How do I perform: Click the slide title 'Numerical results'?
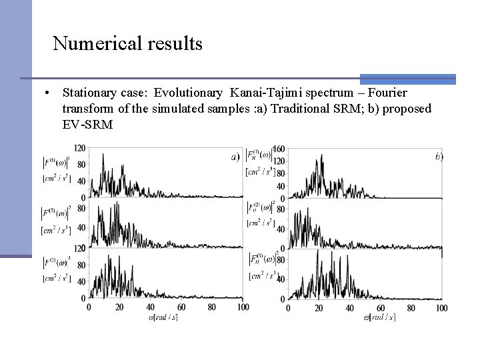point(127,44)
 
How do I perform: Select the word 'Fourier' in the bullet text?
point(387,92)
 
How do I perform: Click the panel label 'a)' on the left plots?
point(235,157)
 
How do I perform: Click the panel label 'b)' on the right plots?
point(439,157)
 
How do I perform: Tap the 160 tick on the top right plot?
point(279,148)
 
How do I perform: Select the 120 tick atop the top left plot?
point(80,148)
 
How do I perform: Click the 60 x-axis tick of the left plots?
point(181,307)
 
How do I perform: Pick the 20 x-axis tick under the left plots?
point(120,307)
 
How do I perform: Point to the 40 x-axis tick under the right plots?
point(349,307)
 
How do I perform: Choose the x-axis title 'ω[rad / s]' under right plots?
point(379,317)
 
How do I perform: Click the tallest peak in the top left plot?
point(103,155)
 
